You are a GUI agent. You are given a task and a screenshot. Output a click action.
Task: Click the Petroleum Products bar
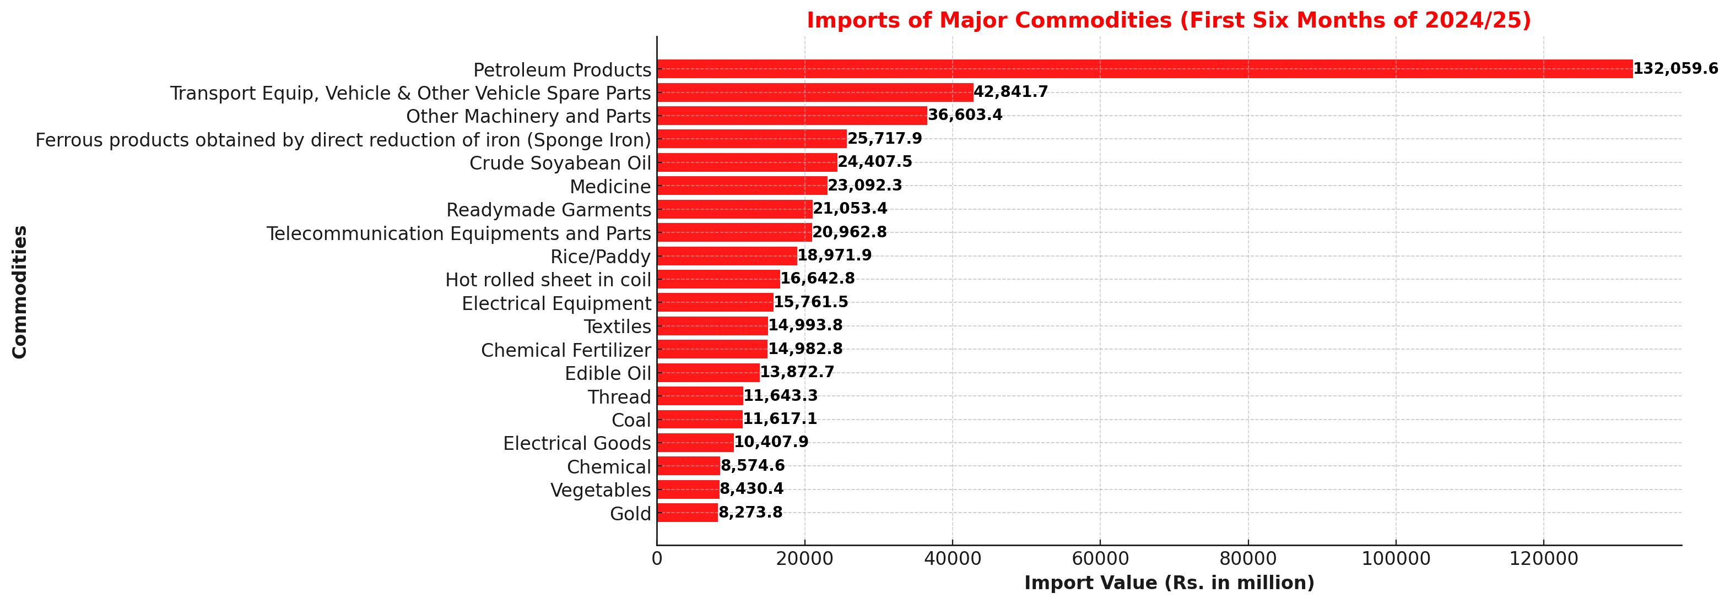(1144, 69)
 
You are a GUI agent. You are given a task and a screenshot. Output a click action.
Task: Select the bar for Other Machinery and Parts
(792, 116)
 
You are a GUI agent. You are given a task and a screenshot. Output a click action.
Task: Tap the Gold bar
(687, 513)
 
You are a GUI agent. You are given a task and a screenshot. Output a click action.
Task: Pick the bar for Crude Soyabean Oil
(747, 162)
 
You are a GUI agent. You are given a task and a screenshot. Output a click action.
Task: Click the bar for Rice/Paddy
(727, 255)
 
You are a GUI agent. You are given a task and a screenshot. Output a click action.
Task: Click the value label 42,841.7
(1011, 92)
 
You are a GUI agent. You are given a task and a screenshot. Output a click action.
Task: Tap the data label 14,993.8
(805, 325)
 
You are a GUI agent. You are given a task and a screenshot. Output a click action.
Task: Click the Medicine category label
(610, 187)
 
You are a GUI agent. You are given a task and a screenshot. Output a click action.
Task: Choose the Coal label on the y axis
(631, 420)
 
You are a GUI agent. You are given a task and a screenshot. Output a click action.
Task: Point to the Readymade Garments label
(548, 210)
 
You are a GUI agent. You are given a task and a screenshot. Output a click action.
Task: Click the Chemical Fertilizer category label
(565, 350)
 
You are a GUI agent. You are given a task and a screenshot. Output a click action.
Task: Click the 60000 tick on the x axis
(1100, 558)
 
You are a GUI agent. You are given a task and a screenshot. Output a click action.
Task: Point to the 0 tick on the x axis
(657, 558)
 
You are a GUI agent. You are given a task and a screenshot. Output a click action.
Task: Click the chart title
(1169, 20)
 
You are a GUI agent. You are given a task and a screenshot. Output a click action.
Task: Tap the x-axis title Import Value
(1169, 583)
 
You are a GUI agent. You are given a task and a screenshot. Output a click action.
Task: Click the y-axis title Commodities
(19, 292)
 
